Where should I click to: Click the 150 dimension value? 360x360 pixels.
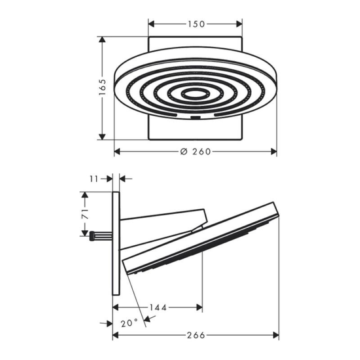[196, 24]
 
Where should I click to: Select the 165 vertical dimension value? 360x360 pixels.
[103, 87]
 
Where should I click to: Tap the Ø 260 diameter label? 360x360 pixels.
[196, 152]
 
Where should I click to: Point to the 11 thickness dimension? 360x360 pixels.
[94, 179]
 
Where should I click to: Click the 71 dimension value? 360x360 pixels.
[85, 214]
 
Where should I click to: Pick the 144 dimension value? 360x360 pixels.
[158, 307]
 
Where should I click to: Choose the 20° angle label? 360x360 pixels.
[129, 323]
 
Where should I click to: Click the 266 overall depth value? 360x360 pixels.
[196, 335]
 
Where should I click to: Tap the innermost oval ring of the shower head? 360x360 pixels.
[195, 94]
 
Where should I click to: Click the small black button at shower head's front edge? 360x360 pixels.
[195, 118]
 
